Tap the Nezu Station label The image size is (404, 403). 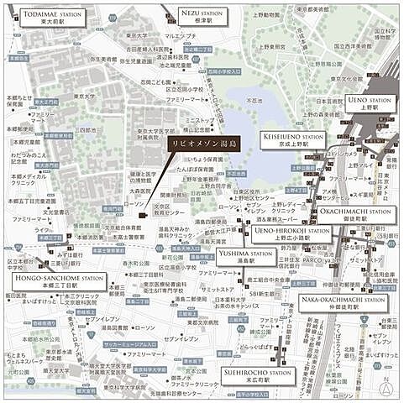pos(202,18)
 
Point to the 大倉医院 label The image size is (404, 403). pos(128,192)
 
